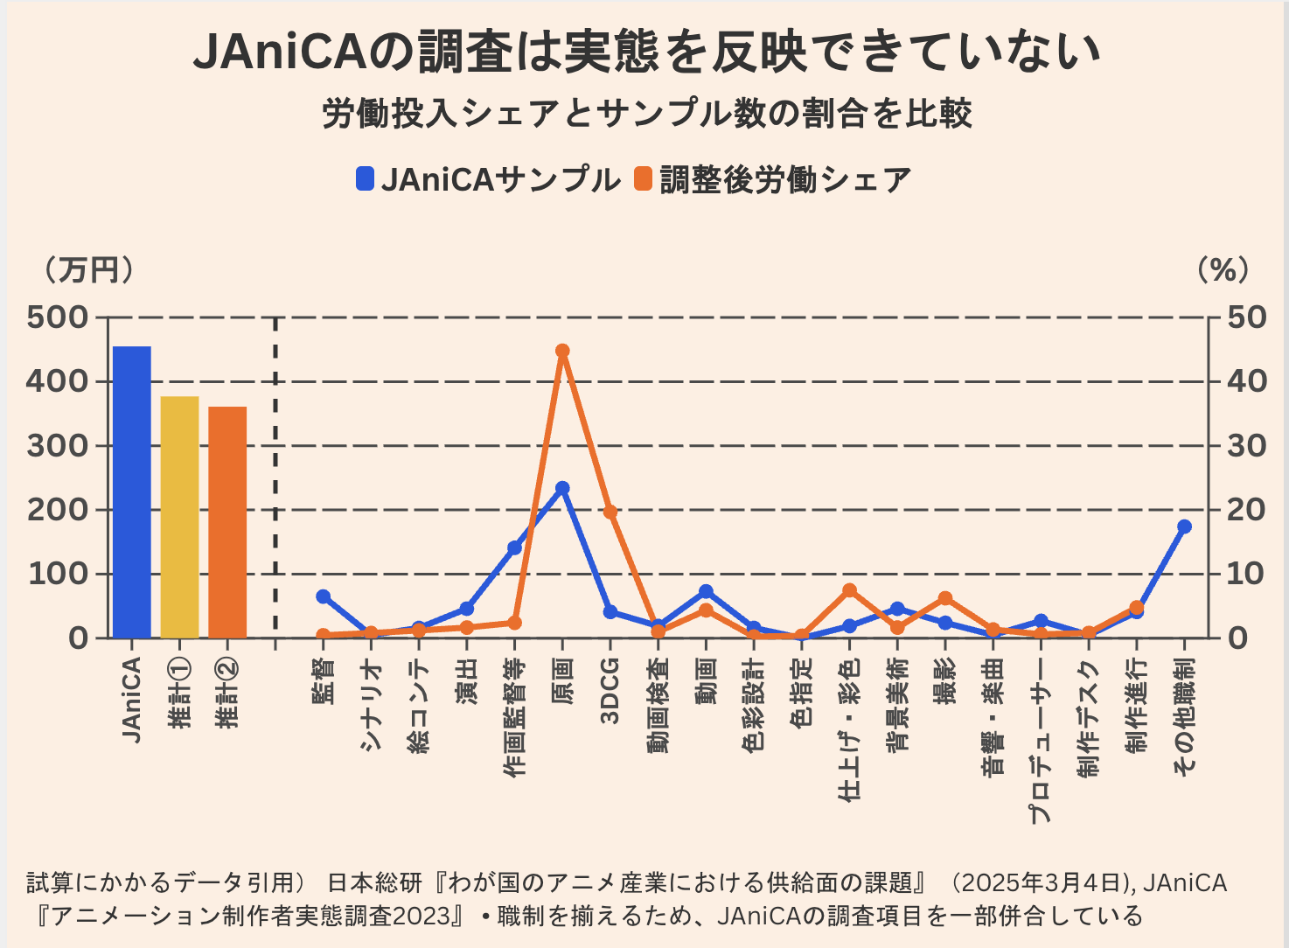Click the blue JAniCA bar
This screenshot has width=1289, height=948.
pos(132,491)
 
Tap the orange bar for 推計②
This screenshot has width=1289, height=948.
pos(227,522)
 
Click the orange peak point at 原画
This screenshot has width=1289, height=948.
pos(562,351)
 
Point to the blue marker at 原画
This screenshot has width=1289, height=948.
pos(562,488)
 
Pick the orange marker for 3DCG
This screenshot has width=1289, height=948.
pos(610,512)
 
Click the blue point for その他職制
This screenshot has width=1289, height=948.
pos(1184,526)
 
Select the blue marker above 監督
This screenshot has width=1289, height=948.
pos(324,596)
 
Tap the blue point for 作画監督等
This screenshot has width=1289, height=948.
pos(515,547)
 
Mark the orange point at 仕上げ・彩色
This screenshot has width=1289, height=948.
pos(849,590)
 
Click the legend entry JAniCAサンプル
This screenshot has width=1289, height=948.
pos(488,179)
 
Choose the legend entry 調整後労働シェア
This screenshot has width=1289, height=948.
pos(773,179)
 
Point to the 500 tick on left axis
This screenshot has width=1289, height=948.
pos(58,317)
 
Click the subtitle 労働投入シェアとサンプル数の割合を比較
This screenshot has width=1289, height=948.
pos(647,114)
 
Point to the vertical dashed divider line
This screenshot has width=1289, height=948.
pos(275,481)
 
